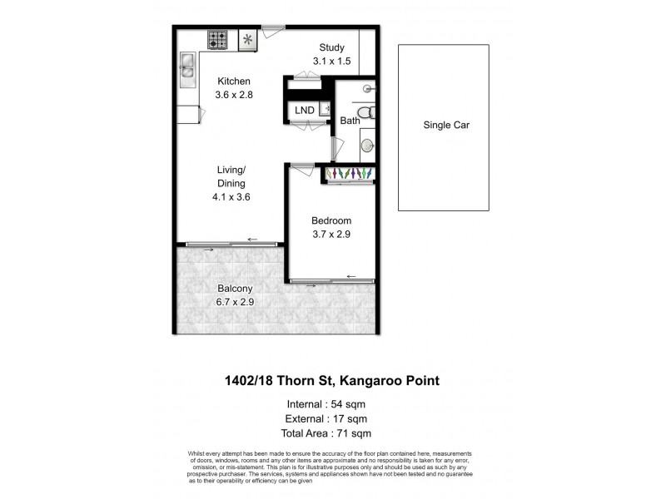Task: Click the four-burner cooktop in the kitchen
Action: (219, 39)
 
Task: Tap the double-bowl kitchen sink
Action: (186, 69)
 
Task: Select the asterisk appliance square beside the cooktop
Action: (247, 39)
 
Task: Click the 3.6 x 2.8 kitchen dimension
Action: (233, 95)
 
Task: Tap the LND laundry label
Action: (305, 110)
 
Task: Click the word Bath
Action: (349, 121)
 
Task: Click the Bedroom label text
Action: (331, 220)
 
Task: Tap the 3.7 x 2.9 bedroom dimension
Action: (331, 235)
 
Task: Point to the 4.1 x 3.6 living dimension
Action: (231, 197)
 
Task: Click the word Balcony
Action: (235, 289)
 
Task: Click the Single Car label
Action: (443, 126)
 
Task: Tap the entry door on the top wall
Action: (270, 29)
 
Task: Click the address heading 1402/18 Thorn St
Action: (333, 381)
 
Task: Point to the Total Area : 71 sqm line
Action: (333, 433)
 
